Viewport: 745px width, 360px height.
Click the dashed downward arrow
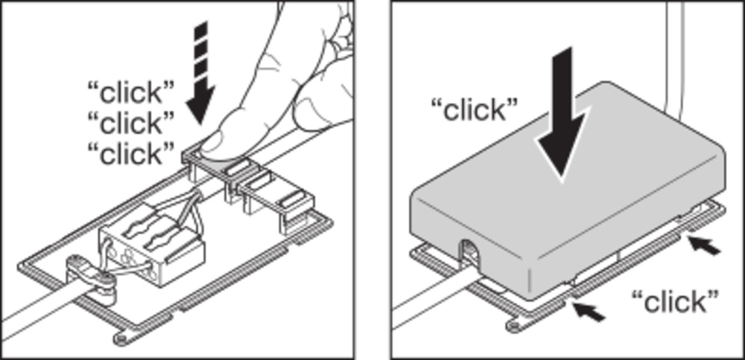tap(200, 72)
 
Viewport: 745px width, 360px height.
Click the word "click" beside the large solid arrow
tap(474, 110)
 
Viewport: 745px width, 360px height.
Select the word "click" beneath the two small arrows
tap(675, 302)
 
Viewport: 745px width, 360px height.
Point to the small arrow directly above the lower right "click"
tap(704, 246)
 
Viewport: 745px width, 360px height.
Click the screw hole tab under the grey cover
tap(516, 326)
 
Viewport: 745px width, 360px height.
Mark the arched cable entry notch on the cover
tap(469, 253)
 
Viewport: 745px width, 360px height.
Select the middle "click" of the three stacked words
tap(131, 123)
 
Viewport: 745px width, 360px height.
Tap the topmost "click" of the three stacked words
tap(131, 92)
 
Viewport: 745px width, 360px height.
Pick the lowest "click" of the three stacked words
tap(131, 154)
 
